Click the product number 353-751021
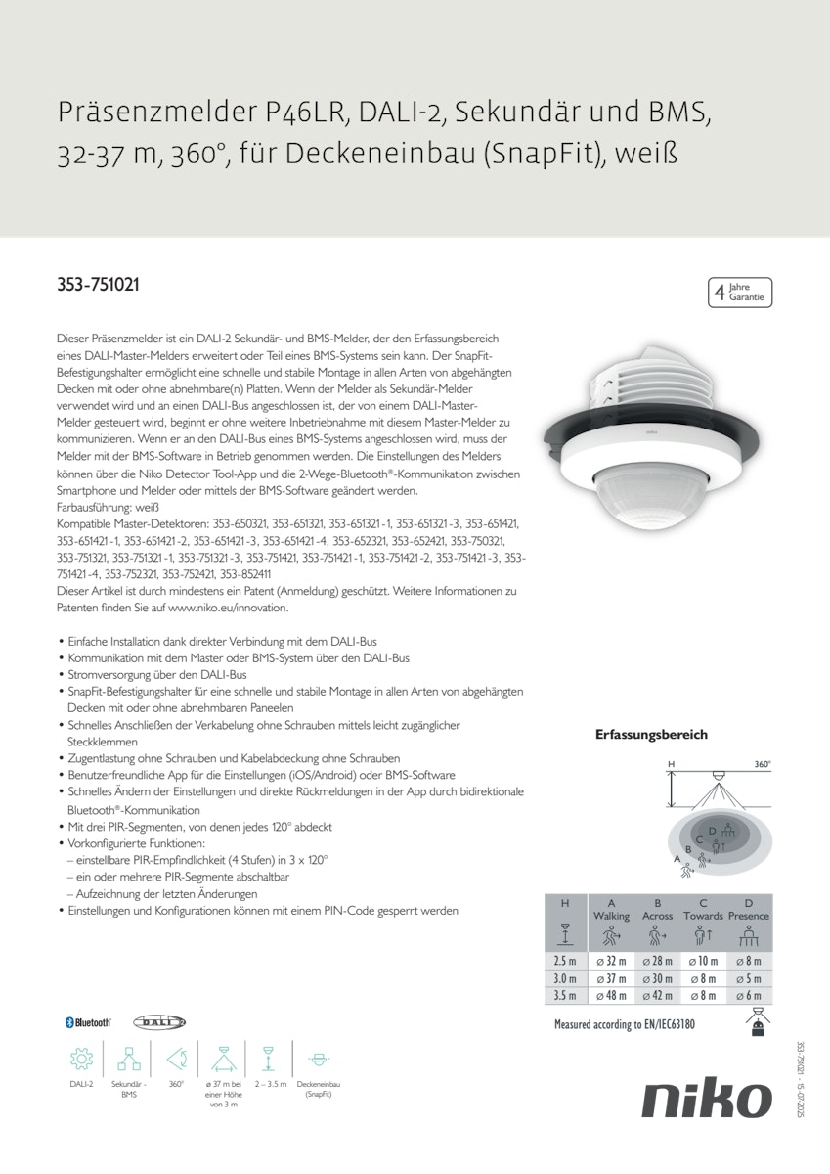(98, 286)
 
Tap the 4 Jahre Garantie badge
(739, 293)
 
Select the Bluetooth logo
(88, 1022)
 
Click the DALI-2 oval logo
(158, 1022)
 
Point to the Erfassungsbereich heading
(651, 734)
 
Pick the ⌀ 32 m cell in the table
(611, 961)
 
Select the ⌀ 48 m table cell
(611, 995)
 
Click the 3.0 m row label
(565, 978)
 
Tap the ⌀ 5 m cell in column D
(749, 978)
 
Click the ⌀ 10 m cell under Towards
(703, 961)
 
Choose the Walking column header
(611, 916)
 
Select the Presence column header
(749, 916)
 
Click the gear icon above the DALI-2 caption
(81, 1059)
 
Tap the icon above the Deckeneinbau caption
(318, 1059)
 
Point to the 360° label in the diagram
(763, 764)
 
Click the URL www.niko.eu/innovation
(228, 608)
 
